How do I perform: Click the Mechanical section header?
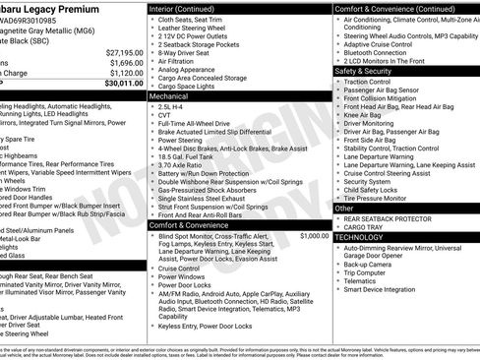(168, 98)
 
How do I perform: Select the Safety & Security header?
(364, 71)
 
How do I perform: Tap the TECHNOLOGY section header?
(360, 237)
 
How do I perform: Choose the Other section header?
(344, 209)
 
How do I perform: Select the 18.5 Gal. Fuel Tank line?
(187, 156)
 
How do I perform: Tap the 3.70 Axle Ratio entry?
(181, 165)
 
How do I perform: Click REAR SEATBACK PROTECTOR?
(390, 219)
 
